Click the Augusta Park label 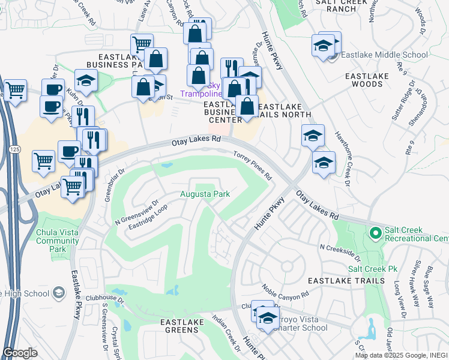(204, 194)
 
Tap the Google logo (20, 353)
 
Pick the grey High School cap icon (58, 293)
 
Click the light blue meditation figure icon (370, 328)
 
